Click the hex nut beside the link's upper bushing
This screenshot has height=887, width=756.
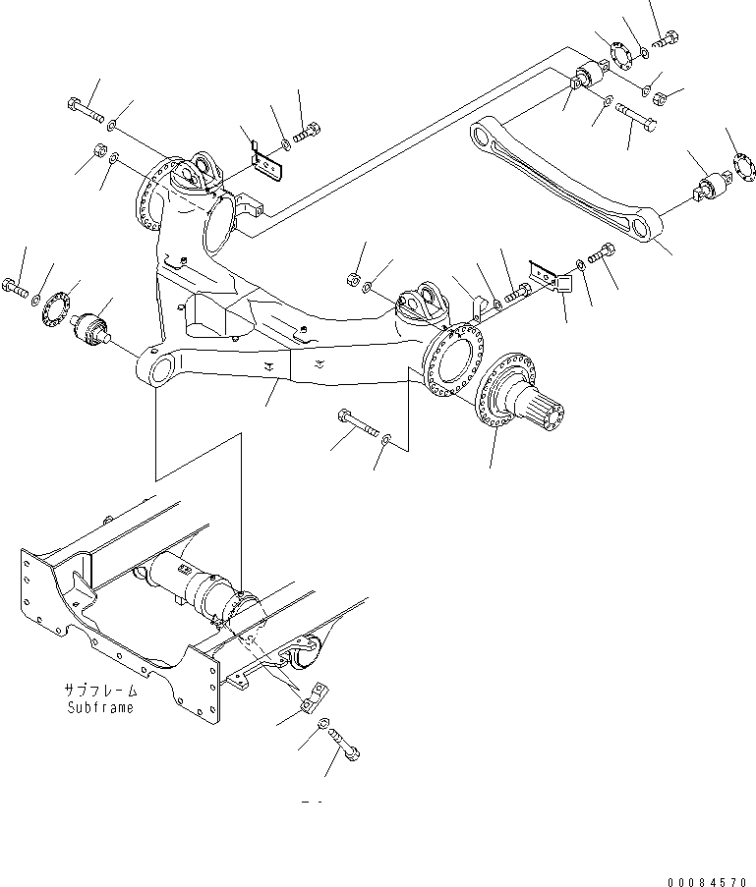661,96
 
